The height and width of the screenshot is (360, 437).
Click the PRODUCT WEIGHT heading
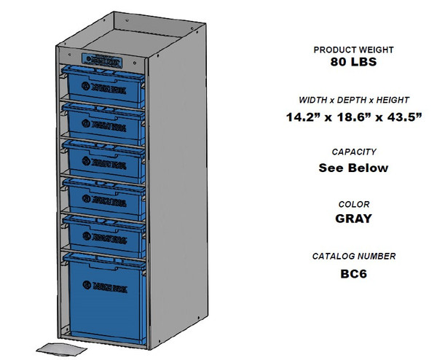click(353, 50)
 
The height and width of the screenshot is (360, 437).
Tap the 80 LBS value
click(353, 63)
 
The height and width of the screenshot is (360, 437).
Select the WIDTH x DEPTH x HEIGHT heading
click(353, 100)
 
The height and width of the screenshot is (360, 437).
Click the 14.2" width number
click(301, 117)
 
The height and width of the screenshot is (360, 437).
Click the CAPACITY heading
click(353, 152)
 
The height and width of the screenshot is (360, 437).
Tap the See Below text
click(353, 168)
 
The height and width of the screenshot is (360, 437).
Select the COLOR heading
click(353, 205)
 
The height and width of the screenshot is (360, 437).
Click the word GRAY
click(353, 219)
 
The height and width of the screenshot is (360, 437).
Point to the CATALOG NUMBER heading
click(353, 257)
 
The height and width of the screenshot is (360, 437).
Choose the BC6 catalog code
click(353, 274)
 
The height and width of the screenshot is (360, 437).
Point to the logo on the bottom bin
click(106, 286)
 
